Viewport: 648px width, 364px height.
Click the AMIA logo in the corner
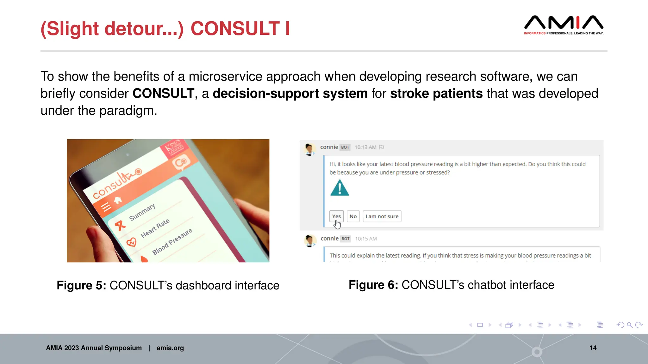tap(564, 25)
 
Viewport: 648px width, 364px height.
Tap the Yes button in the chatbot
tap(336, 216)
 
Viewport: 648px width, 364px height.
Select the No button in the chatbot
tap(353, 216)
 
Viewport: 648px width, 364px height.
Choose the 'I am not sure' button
tap(382, 216)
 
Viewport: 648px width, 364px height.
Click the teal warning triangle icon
tap(340, 188)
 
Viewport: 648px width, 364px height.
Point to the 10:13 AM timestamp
tap(365, 147)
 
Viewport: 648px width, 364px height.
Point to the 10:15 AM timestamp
tap(366, 239)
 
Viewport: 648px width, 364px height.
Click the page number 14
tap(593, 348)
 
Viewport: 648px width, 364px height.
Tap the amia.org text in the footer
tap(170, 348)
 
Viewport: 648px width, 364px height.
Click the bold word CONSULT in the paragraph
tap(163, 94)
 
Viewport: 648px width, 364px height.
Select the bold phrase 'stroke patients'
tap(436, 94)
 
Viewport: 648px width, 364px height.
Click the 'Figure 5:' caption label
tap(81, 285)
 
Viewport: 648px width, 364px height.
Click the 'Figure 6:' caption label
tap(373, 285)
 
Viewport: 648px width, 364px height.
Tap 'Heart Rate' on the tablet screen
tap(155, 228)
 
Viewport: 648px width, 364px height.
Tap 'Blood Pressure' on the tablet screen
tap(172, 241)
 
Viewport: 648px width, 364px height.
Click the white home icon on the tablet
tap(118, 200)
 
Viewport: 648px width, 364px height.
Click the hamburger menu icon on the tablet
tap(106, 207)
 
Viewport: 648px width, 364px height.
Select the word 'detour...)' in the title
tap(144, 28)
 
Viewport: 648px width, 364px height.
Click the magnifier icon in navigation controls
tap(630, 325)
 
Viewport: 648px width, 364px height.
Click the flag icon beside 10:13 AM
tap(382, 147)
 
